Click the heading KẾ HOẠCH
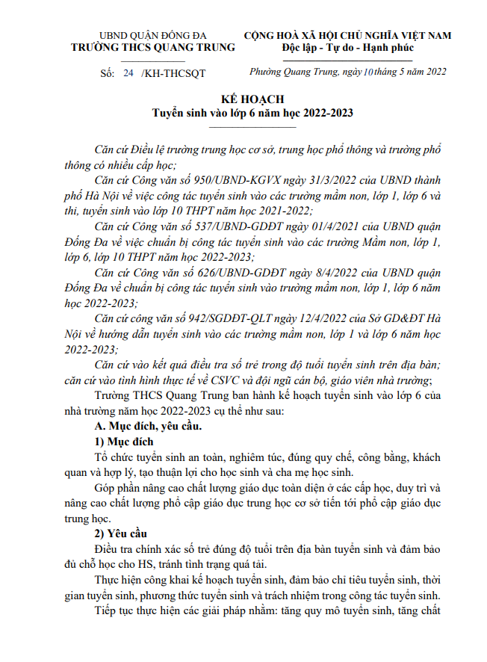(x=252, y=99)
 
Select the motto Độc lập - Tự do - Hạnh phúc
(x=347, y=47)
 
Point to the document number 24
(x=127, y=73)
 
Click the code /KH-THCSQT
(x=173, y=73)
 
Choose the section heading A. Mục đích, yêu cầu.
(x=144, y=427)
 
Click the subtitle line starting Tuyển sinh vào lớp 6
(x=252, y=114)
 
